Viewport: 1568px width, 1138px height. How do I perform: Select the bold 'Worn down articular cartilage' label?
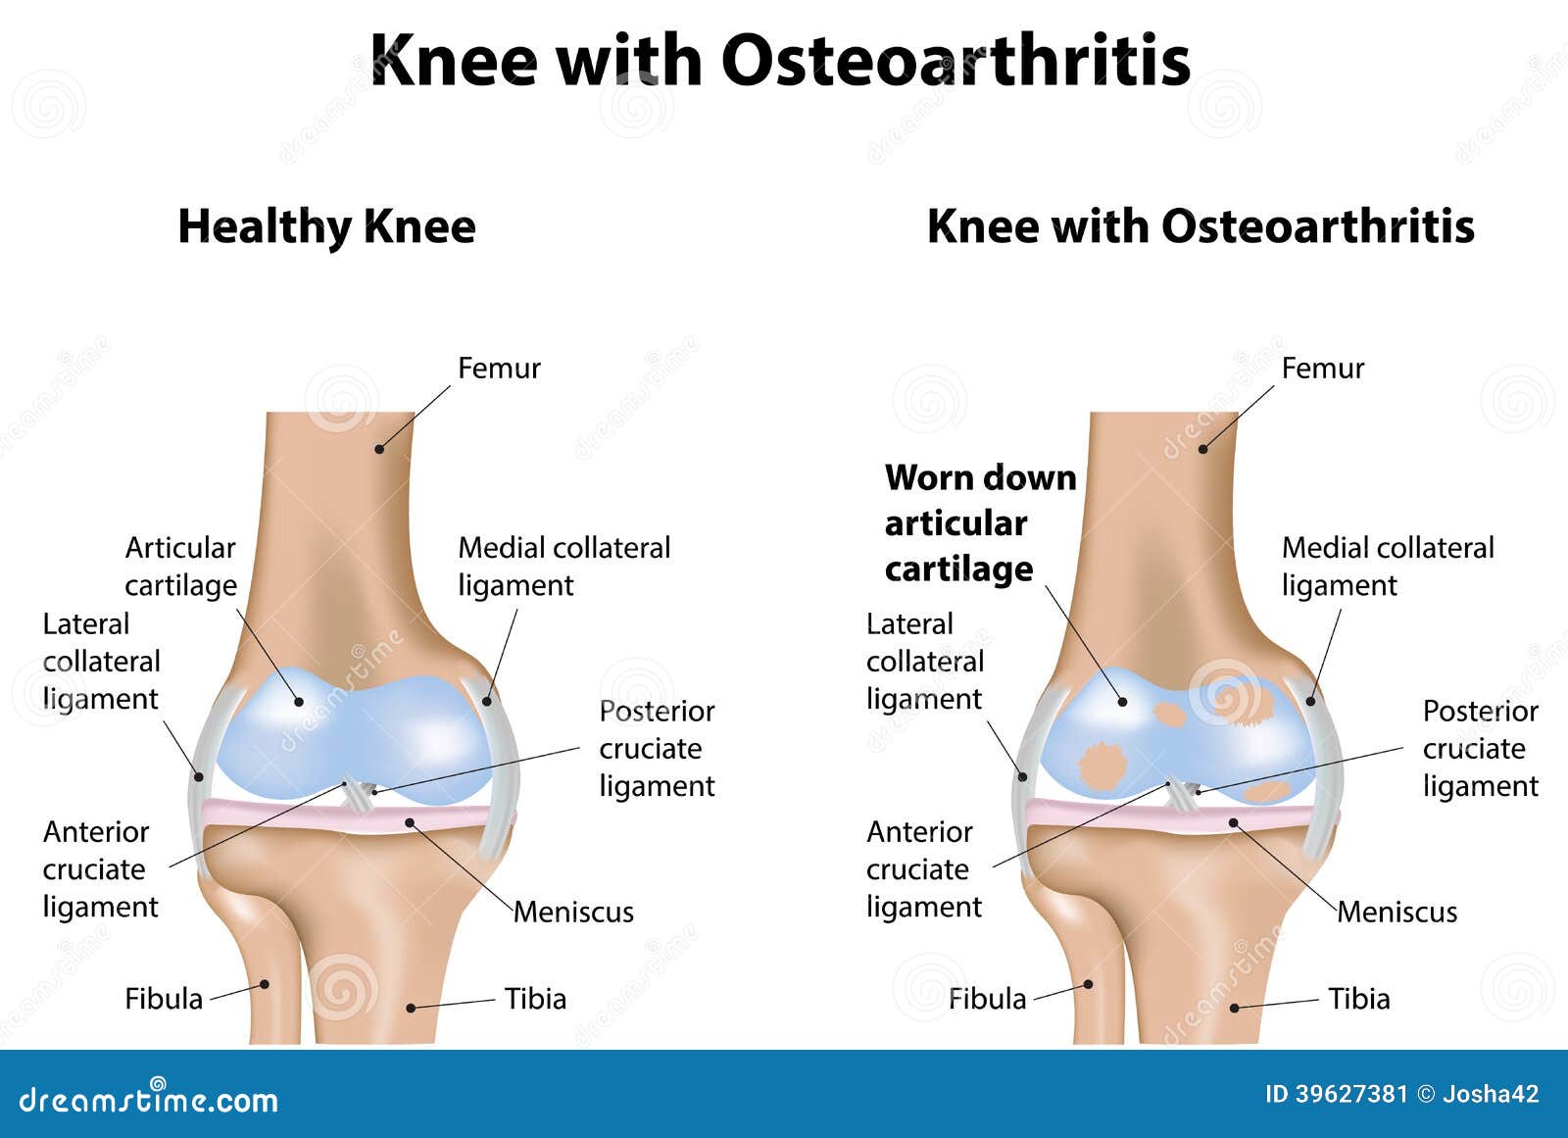(x=981, y=523)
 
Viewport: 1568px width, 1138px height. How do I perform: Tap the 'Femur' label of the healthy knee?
(x=499, y=369)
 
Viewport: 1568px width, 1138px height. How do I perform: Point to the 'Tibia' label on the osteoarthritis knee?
(x=1359, y=999)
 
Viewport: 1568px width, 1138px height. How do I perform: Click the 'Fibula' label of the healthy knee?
(x=164, y=999)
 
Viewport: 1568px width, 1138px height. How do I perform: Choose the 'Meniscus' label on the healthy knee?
(x=574, y=913)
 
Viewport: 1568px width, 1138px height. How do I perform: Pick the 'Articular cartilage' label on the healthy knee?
(x=180, y=567)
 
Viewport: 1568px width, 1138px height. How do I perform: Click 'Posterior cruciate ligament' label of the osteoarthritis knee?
(x=1481, y=749)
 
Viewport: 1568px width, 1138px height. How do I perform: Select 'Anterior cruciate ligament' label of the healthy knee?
(x=101, y=869)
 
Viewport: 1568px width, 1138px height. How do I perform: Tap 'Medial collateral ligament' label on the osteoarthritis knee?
(x=1388, y=567)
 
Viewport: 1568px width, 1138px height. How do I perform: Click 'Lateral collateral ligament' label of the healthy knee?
(x=102, y=662)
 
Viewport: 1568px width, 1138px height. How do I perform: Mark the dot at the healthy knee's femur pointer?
(x=379, y=449)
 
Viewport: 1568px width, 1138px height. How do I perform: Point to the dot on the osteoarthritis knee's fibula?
(x=1089, y=984)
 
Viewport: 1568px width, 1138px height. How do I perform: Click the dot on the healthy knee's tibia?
(x=411, y=1008)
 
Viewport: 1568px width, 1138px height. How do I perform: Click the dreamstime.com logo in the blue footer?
(x=148, y=1098)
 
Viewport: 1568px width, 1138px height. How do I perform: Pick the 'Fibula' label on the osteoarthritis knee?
(x=988, y=999)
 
